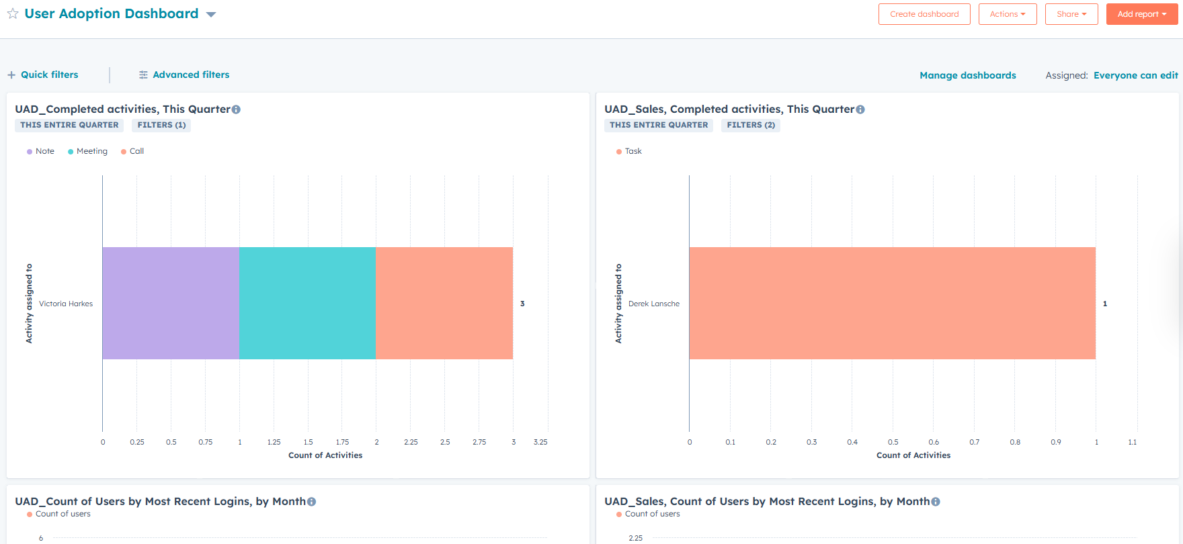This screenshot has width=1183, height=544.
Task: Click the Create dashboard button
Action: pos(924,14)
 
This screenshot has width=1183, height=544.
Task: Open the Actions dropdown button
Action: pos(1007,14)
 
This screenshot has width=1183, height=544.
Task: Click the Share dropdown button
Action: pos(1071,14)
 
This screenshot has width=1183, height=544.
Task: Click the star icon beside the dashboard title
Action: pos(13,14)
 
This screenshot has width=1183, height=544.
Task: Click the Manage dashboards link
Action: pos(967,75)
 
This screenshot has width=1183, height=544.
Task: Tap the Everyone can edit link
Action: pos(1135,75)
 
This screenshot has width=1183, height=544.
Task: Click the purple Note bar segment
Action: pos(171,303)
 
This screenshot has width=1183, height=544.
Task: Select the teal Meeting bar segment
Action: pos(307,303)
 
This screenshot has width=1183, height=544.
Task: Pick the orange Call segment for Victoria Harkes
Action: pos(444,303)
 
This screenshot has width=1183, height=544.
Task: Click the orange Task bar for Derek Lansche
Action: pos(892,303)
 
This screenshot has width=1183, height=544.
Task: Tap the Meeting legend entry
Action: pos(88,151)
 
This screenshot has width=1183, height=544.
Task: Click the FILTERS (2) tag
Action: pos(750,125)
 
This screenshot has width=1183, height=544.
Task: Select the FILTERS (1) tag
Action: pos(161,125)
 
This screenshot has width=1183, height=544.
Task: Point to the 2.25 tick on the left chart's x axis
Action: pos(411,442)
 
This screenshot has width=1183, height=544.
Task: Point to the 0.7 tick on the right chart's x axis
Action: pos(974,442)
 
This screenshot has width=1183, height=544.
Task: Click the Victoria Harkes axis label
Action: pos(66,304)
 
